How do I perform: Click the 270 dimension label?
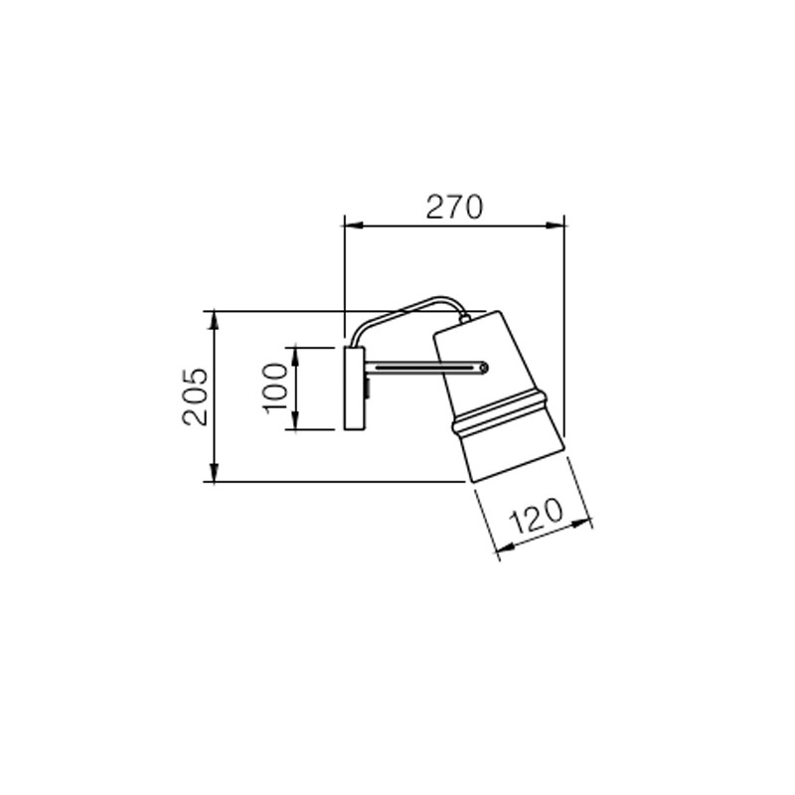pos(455,207)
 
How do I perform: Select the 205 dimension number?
pos(195,397)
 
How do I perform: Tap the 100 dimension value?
pos(276,389)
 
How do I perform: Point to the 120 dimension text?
pos(536,517)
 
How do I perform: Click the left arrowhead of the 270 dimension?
pos(355,226)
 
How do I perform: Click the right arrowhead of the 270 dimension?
pos(555,226)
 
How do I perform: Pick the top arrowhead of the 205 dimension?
pos(215,320)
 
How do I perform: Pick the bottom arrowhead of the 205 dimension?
pos(215,471)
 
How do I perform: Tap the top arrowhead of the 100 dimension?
pos(295,358)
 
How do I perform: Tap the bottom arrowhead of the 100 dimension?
pos(295,419)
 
